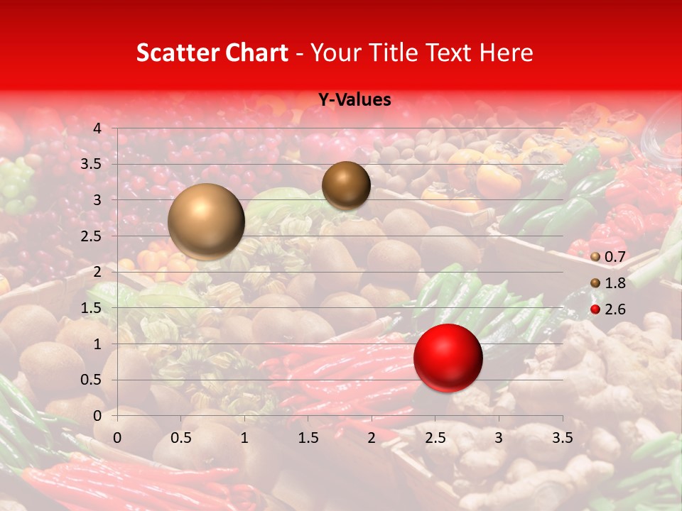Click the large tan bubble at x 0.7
[x=206, y=221]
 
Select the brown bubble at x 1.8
[x=346, y=185]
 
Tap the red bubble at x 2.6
[x=448, y=358]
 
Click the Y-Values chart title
[x=354, y=100]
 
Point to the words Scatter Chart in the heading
[x=212, y=53]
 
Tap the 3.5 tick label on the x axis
[x=562, y=438]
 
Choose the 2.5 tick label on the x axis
[x=435, y=438]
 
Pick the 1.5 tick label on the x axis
[x=308, y=438]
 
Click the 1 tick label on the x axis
[x=244, y=438]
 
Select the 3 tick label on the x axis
[x=499, y=438]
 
